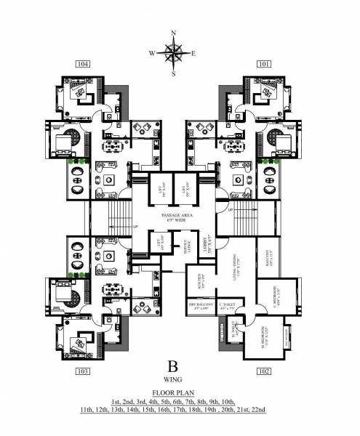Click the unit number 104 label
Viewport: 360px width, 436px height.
click(82, 65)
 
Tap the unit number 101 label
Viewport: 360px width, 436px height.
click(263, 65)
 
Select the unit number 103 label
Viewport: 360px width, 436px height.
click(82, 371)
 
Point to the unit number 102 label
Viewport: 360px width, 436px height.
click(263, 371)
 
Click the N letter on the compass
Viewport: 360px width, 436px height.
click(173, 33)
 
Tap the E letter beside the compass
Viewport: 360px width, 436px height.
click(193, 53)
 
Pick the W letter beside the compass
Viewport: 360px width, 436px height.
click(152, 53)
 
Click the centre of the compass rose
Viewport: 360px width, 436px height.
click(173, 52)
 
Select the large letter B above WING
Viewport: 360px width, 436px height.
click(173, 366)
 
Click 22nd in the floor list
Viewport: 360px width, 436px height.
click(257, 410)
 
